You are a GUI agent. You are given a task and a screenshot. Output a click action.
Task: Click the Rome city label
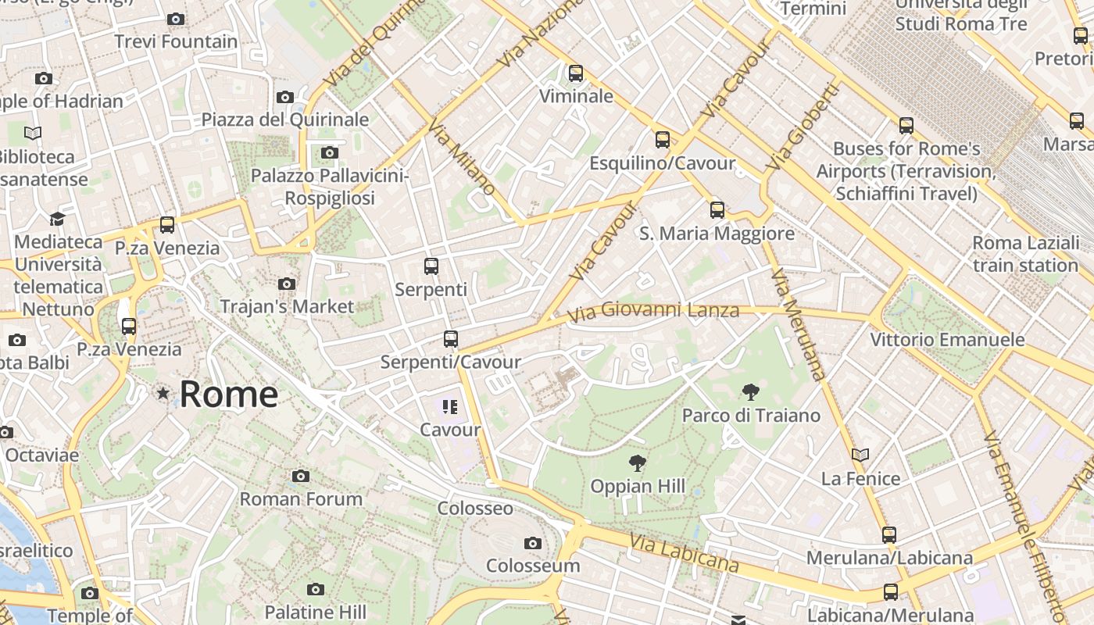(x=228, y=395)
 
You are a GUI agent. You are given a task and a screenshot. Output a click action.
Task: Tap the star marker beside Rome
(x=163, y=393)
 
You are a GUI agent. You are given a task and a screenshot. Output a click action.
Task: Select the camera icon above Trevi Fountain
(x=176, y=19)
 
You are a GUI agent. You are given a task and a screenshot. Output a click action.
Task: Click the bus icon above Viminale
(x=576, y=73)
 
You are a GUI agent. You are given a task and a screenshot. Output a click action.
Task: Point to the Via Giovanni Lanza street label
(x=653, y=312)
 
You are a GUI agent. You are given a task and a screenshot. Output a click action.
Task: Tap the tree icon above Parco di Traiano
(x=751, y=392)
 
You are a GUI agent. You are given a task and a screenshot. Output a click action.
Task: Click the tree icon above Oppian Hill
(x=638, y=463)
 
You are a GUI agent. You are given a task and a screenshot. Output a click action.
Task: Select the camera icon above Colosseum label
(x=533, y=543)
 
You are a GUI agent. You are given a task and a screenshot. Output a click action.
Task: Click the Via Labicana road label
(x=683, y=553)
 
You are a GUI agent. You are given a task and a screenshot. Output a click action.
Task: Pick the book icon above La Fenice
(x=860, y=455)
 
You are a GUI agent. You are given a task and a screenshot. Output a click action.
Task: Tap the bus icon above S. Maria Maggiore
(x=717, y=210)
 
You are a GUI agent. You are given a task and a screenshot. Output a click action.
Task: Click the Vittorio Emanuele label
(x=947, y=340)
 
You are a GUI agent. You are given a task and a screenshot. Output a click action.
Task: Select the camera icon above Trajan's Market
(x=287, y=284)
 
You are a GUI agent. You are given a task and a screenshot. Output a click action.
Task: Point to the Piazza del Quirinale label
(x=285, y=120)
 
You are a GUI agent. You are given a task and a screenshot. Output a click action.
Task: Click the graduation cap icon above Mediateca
(x=57, y=219)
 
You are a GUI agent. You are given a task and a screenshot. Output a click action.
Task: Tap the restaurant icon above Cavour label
(x=450, y=406)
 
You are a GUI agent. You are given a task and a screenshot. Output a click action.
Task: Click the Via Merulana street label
(x=798, y=324)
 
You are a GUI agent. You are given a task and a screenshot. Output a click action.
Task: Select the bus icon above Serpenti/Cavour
(x=450, y=339)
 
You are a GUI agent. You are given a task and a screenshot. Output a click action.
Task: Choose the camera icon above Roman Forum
(x=301, y=476)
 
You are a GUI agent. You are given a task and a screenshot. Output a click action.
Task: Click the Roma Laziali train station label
(x=1025, y=254)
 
